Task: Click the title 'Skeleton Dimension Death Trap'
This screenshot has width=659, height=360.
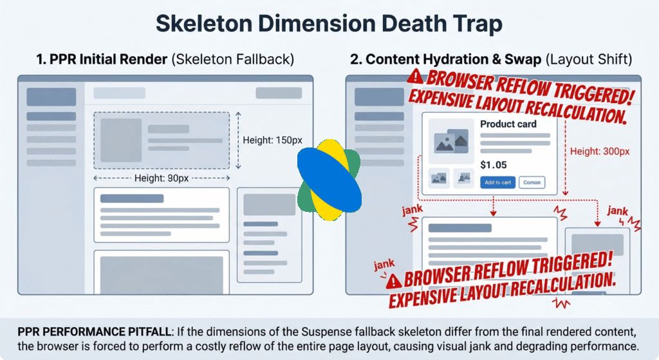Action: (x=329, y=24)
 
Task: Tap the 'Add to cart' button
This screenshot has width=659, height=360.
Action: (x=497, y=182)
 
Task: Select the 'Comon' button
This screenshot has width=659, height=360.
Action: (x=532, y=182)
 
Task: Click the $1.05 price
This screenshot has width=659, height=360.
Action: (x=494, y=165)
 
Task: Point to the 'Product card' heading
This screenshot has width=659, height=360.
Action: (x=508, y=124)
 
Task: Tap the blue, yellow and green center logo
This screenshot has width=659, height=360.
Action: (x=329, y=180)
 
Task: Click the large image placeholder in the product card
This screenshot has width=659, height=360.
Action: (x=451, y=141)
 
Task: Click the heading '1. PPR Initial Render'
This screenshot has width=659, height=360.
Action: (x=102, y=59)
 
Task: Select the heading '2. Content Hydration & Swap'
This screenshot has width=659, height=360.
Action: (x=445, y=59)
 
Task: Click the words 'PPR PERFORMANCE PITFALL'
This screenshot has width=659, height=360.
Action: (x=95, y=332)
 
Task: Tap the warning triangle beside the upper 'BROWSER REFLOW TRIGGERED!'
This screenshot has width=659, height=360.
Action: (x=415, y=76)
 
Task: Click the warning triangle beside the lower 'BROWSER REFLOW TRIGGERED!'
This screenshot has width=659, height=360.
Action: (x=394, y=281)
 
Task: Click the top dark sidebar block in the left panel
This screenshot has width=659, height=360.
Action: (x=51, y=97)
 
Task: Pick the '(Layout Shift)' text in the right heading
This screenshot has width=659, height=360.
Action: (x=589, y=59)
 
